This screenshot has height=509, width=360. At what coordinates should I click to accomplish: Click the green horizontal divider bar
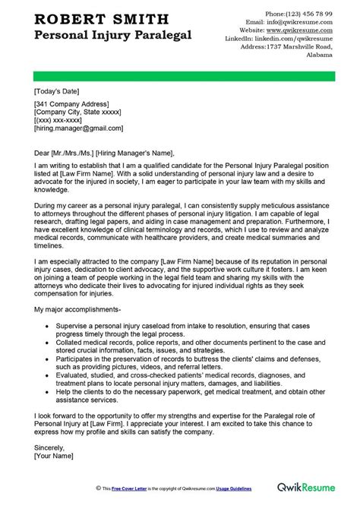179,74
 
